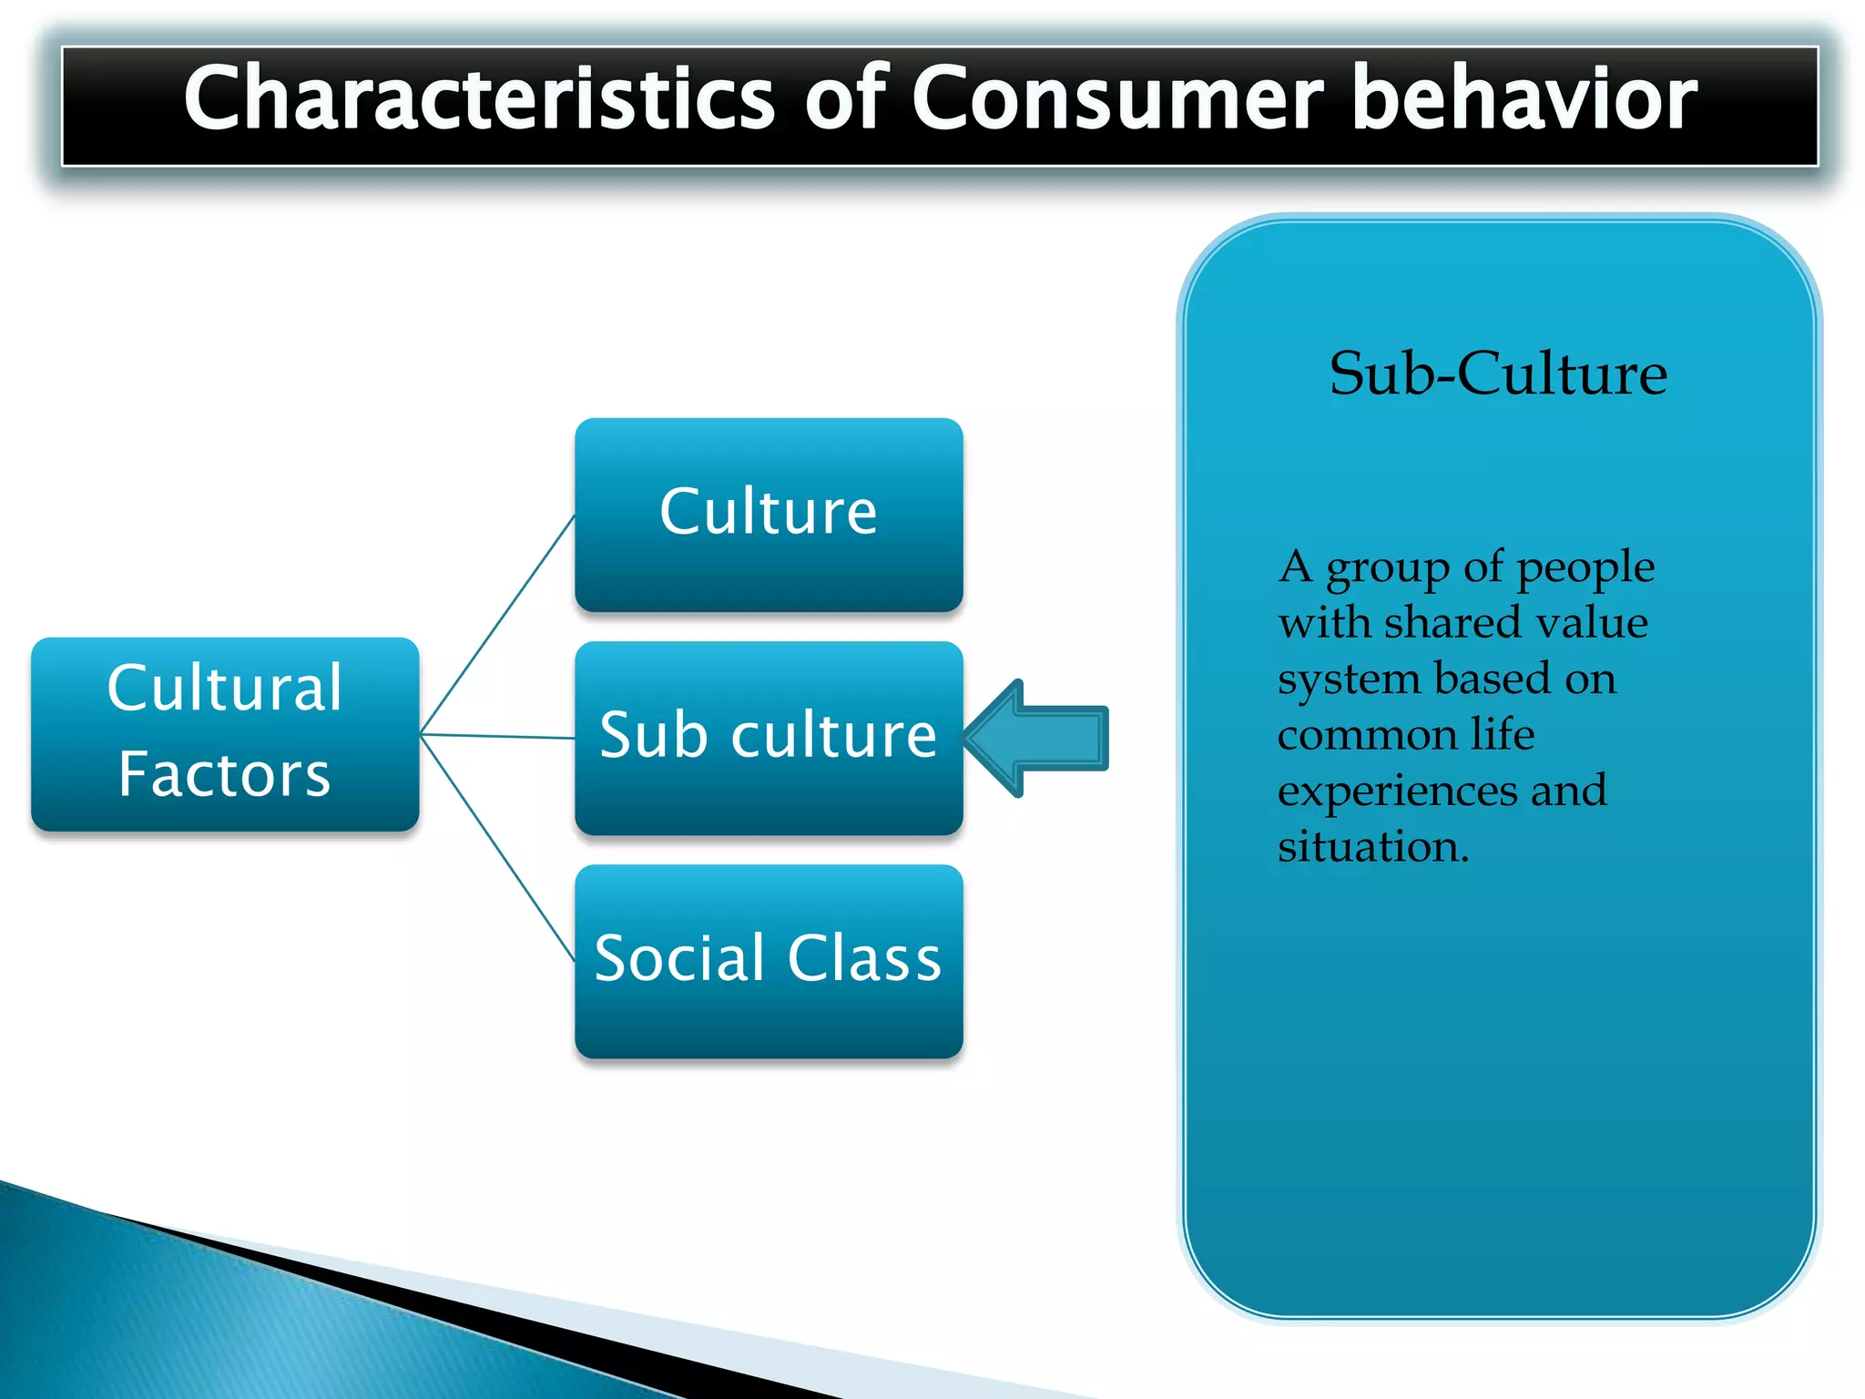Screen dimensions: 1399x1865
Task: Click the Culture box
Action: click(769, 515)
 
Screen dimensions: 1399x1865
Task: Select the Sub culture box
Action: click(769, 738)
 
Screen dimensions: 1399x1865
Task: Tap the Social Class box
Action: click(769, 961)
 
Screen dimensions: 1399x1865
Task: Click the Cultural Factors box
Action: click(225, 733)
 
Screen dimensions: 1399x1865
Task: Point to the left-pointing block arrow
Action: click(1038, 738)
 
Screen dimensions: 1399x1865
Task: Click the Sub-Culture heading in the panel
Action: click(1498, 373)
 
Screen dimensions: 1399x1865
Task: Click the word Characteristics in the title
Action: click(479, 98)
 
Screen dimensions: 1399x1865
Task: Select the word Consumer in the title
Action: click(1117, 98)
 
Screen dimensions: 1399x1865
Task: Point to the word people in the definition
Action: click(1585, 568)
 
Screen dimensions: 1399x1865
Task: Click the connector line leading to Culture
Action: click(497, 625)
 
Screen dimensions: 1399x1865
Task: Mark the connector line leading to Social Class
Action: click(497, 847)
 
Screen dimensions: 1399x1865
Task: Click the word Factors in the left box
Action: click(224, 775)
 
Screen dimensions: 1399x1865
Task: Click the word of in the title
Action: click(844, 98)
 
